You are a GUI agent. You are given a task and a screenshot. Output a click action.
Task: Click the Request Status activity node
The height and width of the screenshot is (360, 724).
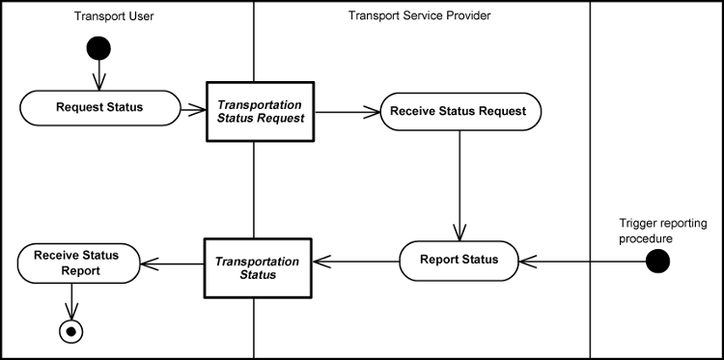pyautogui.click(x=99, y=107)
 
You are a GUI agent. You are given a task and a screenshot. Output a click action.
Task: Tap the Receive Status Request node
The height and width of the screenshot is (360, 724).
pyautogui.click(x=458, y=111)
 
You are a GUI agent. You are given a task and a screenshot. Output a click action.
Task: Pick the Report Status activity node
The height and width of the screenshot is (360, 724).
pyautogui.click(x=459, y=259)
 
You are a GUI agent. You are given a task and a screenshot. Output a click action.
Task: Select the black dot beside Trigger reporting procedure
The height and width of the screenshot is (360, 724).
pyautogui.click(x=657, y=260)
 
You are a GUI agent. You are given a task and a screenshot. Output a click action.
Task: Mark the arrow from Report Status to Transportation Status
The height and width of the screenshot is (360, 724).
pyautogui.click(x=357, y=260)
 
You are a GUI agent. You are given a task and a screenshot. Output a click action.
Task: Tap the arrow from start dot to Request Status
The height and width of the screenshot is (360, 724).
pyautogui.click(x=98, y=74)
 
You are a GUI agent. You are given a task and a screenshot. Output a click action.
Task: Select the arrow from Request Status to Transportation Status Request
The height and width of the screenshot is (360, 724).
pyautogui.click(x=193, y=108)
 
